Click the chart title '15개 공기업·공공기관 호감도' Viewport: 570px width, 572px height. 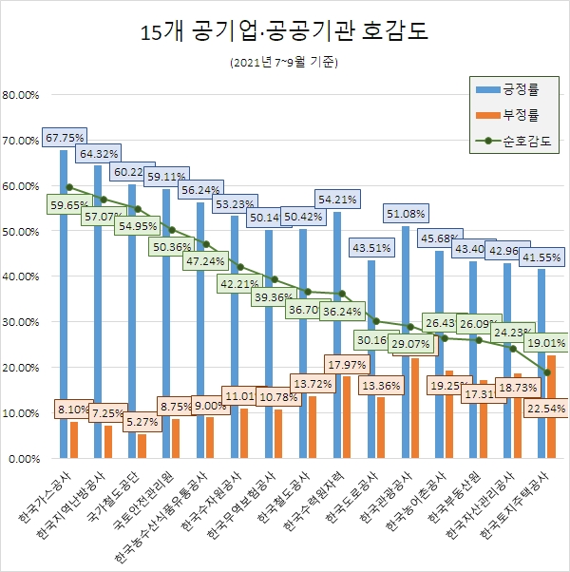[x=284, y=30]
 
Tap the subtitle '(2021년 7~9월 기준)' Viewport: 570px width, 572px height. [x=284, y=63]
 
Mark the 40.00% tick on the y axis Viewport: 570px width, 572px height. [x=21, y=277]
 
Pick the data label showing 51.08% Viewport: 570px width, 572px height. [x=406, y=212]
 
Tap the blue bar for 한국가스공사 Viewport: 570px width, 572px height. [x=64, y=304]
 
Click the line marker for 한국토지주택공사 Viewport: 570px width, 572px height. [x=547, y=372]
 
